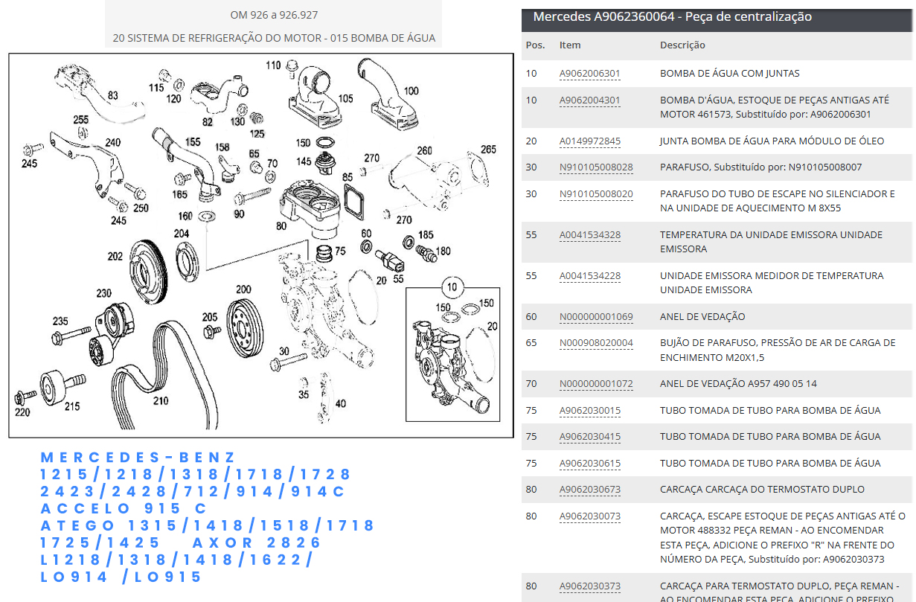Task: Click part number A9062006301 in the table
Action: click(x=589, y=74)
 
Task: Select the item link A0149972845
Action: click(x=589, y=141)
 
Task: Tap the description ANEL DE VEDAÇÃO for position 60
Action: click(x=702, y=316)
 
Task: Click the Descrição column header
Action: click(x=682, y=45)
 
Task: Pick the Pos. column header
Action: click(x=535, y=45)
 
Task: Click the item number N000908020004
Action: click(x=596, y=343)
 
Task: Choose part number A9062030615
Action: click(x=589, y=464)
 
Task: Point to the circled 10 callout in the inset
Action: click(x=452, y=287)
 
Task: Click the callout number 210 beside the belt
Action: click(x=161, y=401)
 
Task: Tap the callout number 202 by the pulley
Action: click(x=115, y=257)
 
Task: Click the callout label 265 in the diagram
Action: click(x=488, y=150)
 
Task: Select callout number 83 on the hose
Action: click(x=113, y=95)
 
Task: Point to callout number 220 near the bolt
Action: click(x=22, y=412)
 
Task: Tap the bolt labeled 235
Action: click(x=71, y=335)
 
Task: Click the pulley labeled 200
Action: click(x=245, y=328)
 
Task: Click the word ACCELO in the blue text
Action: click(x=85, y=508)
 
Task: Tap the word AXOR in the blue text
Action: click(x=222, y=542)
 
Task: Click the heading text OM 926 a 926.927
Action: click(x=274, y=15)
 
